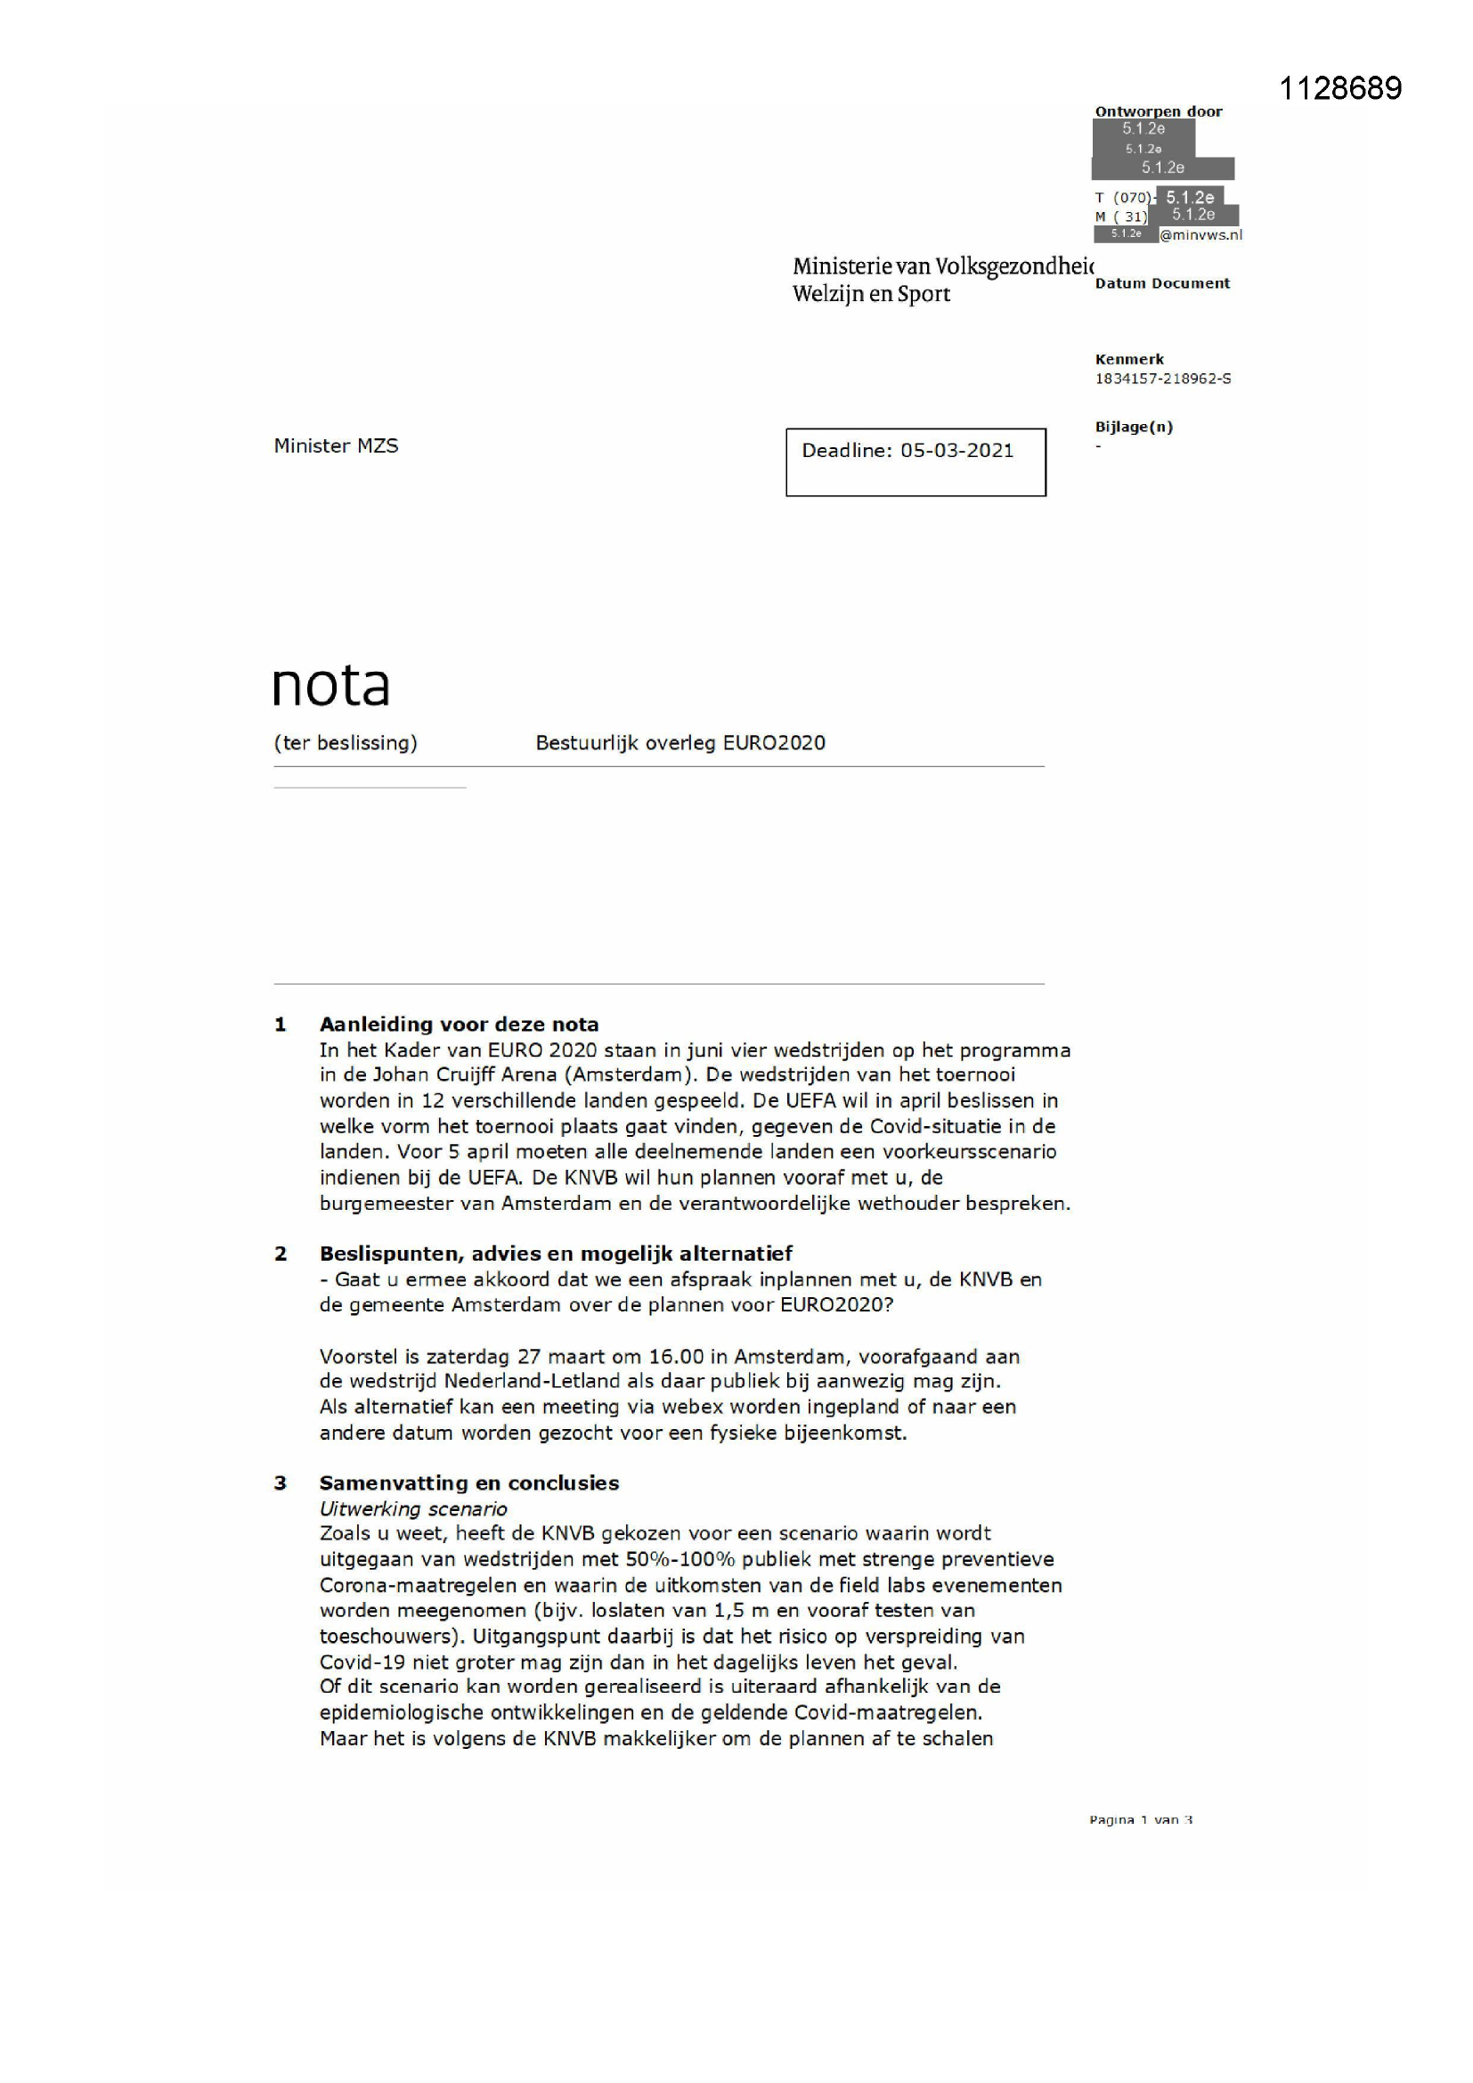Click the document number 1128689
coord(1339,88)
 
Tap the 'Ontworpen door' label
coord(1159,111)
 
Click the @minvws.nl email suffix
coord(1200,235)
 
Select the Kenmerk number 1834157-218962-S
coord(1163,379)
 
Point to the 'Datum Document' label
coord(1162,283)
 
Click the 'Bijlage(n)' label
coord(1134,427)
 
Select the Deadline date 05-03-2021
coord(956,451)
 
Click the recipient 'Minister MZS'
coord(336,445)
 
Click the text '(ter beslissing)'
coord(346,743)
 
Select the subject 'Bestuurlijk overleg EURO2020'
coord(680,743)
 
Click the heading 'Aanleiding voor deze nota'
coord(459,1025)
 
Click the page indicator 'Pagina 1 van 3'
coord(1141,1819)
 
